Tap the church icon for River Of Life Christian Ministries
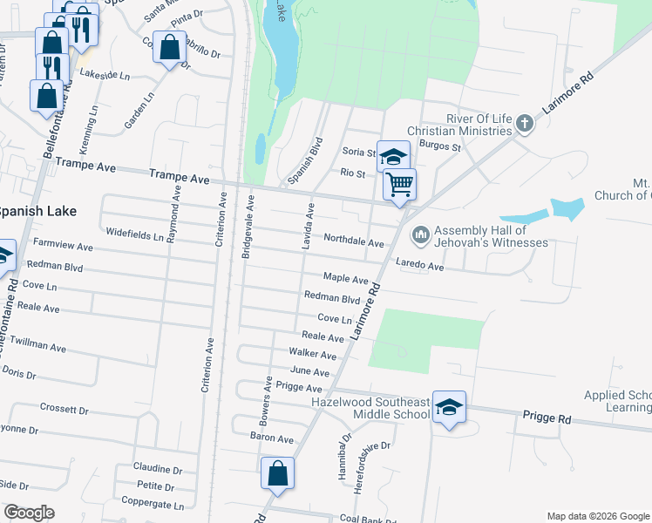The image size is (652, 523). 525,124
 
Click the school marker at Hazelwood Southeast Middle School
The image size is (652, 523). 449,407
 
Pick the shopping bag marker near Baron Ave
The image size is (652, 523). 277,474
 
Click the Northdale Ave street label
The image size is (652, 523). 353,241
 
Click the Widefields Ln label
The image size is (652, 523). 134,234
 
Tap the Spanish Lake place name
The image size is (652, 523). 37,211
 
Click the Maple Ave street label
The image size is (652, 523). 345,279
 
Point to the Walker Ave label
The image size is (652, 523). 312,355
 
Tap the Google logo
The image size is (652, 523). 29,513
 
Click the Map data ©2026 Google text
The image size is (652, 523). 597,516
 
